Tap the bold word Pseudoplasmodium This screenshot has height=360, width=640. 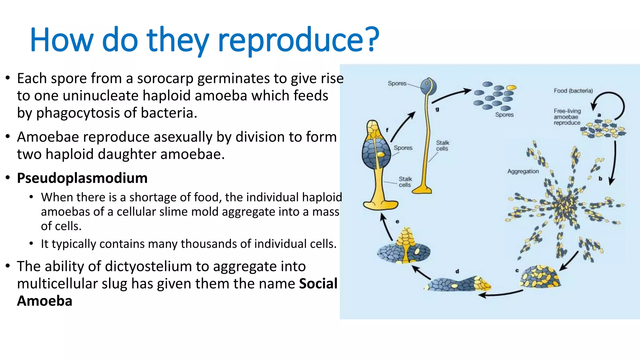pyautogui.click(x=82, y=178)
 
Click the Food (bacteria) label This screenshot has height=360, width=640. pyautogui.click(x=573, y=91)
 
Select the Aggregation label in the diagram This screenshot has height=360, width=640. pyautogui.click(x=523, y=171)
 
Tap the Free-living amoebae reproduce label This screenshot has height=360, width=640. pyautogui.click(x=567, y=117)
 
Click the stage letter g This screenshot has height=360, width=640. pyautogui.click(x=437, y=109)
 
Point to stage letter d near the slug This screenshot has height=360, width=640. pyautogui.click(x=457, y=271)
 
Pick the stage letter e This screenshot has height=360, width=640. pyautogui.click(x=397, y=221)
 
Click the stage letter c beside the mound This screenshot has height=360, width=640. pyautogui.click(x=517, y=270)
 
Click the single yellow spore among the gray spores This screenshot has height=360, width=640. pyautogui.click(x=511, y=87)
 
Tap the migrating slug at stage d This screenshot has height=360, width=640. pyautogui.click(x=458, y=284)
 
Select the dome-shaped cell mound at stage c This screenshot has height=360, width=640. pyautogui.click(x=540, y=277)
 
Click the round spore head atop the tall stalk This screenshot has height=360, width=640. pyautogui.click(x=428, y=86)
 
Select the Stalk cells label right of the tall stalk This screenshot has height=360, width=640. pyautogui.click(x=442, y=146)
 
